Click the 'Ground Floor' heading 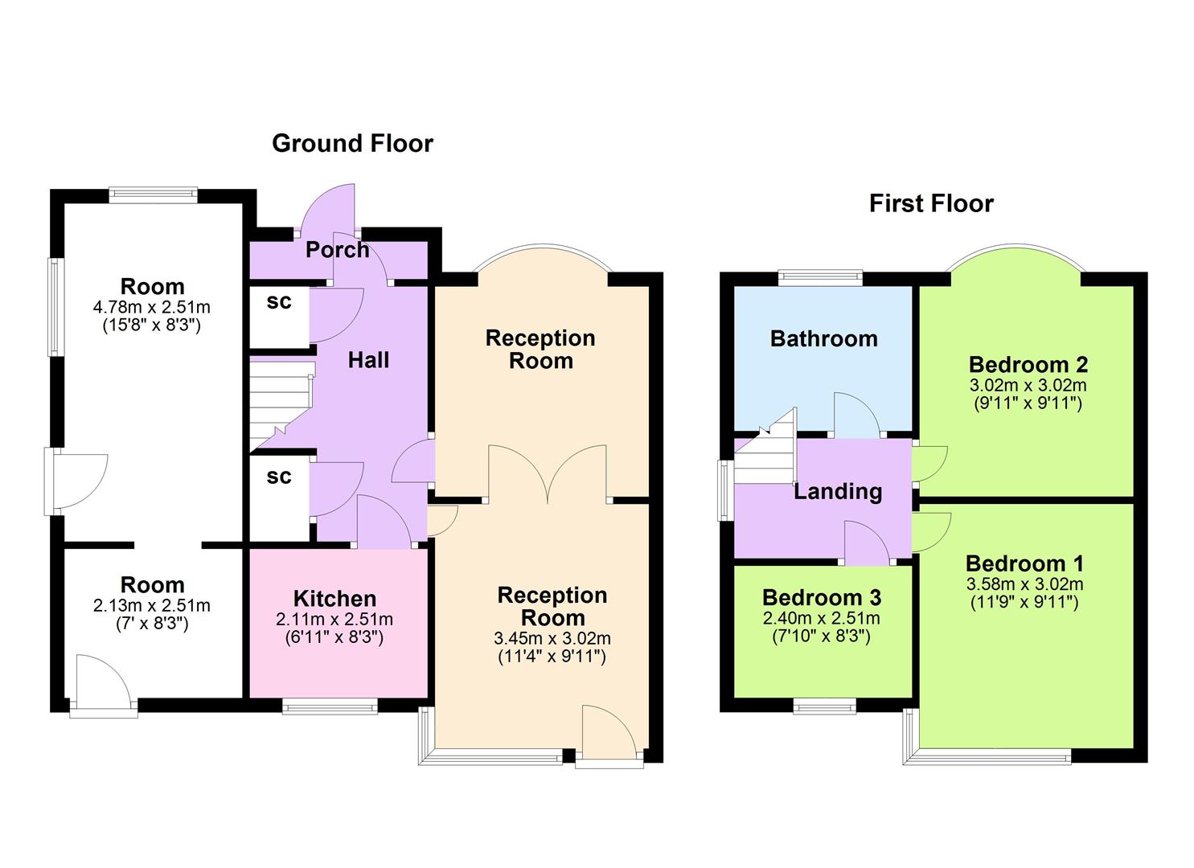click(352, 143)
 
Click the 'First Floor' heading click(931, 203)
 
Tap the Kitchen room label click(334, 599)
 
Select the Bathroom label click(823, 338)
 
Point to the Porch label click(338, 250)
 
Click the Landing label click(838, 491)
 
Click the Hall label click(368, 359)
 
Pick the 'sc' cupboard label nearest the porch click(278, 302)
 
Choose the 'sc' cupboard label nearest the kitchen click(278, 477)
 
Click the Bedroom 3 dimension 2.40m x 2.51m click(821, 619)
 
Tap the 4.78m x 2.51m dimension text click(152, 307)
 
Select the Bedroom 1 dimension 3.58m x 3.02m click(1024, 584)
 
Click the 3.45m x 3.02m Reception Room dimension click(552, 639)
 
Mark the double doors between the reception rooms click(548, 475)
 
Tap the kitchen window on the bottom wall click(330, 706)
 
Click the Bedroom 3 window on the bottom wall click(825, 706)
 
